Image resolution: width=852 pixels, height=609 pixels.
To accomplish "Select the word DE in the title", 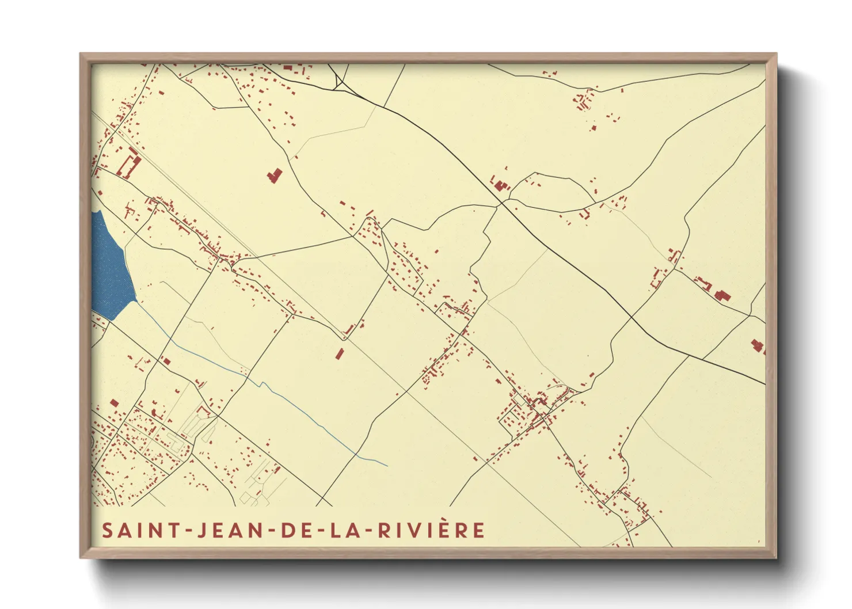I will point(296,530).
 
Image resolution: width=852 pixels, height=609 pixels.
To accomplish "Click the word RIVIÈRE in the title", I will point(432,530).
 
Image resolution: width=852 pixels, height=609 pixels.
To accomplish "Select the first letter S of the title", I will point(107,530).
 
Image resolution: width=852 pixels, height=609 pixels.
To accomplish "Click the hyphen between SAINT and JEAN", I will point(189,531).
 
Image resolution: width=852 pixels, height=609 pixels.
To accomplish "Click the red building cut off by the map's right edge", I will point(759,347).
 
